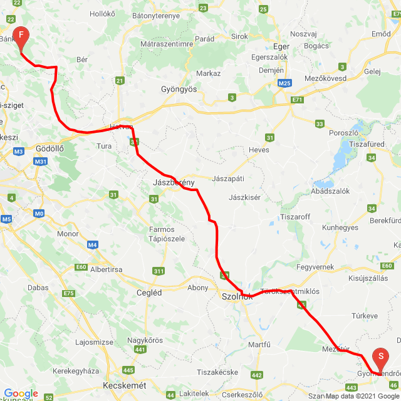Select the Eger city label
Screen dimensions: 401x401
click(x=281, y=46)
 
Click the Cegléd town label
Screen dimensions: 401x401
click(x=149, y=293)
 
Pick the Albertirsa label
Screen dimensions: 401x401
click(x=105, y=269)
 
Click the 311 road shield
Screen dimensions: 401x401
click(x=159, y=271)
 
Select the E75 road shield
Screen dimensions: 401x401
click(x=69, y=293)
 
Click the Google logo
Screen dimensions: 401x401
click(x=21, y=393)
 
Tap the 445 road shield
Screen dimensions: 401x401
click(x=128, y=370)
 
